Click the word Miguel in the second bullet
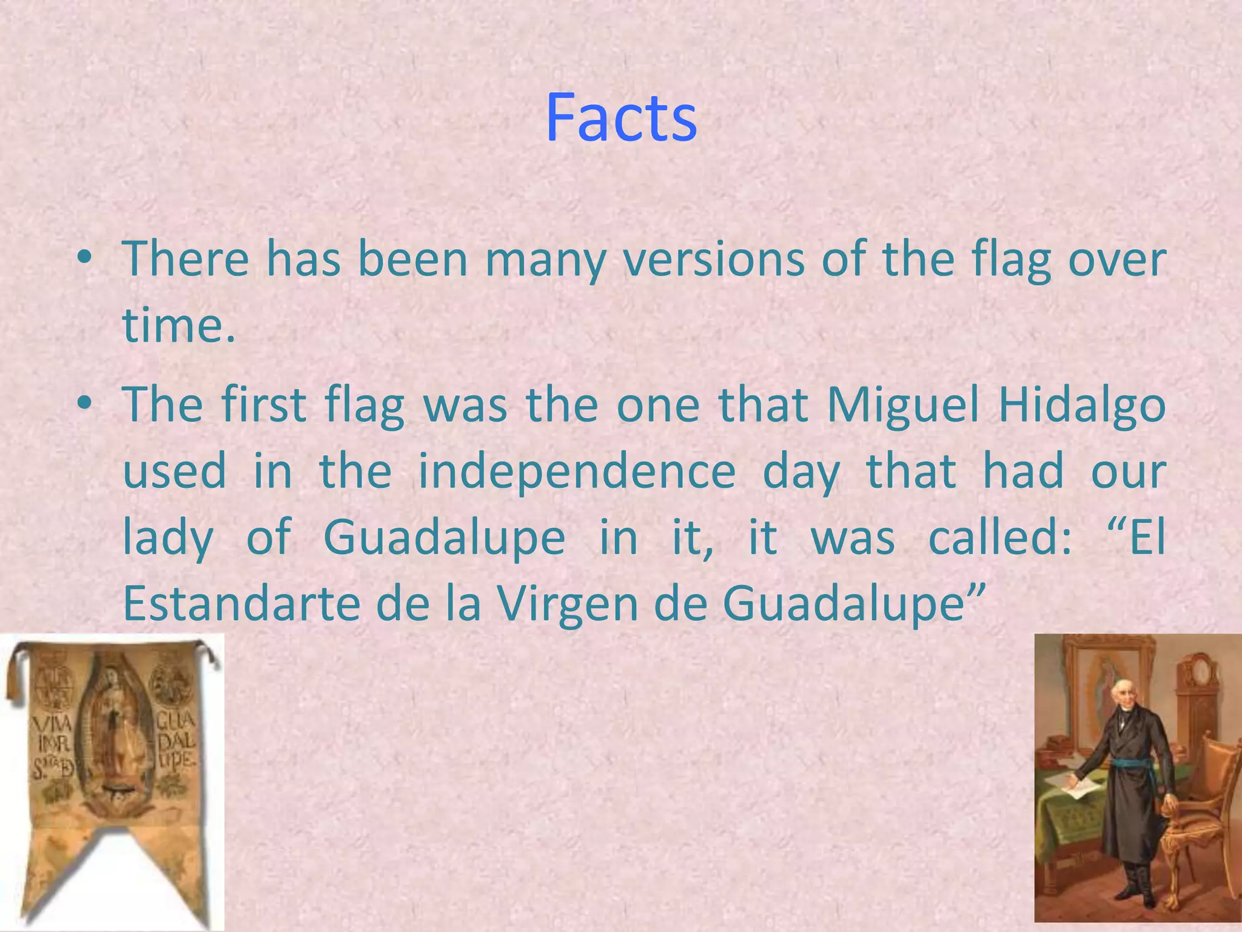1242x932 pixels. (x=903, y=405)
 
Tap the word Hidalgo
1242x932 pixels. (x=1082, y=405)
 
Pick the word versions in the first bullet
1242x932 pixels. (x=714, y=260)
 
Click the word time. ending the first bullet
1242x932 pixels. (x=178, y=325)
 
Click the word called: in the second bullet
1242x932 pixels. (x=1000, y=538)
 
